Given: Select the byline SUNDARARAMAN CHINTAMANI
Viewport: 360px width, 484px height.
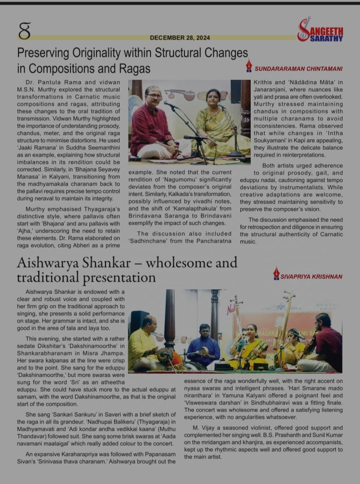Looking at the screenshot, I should coord(299,69).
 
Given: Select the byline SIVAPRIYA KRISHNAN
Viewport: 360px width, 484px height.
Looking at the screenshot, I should coord(312,276).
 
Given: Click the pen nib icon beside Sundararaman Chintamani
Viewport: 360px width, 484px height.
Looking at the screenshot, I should coord(249,66).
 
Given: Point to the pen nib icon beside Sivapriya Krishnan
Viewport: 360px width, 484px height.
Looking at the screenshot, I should coord(276,273).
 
